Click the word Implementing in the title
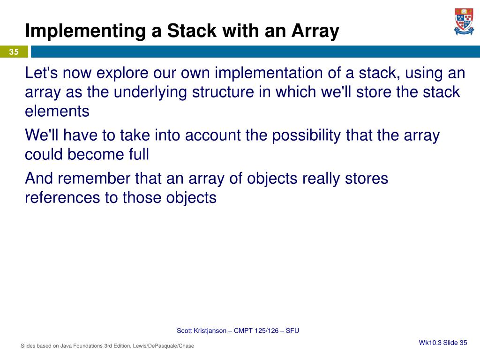coord(85,31)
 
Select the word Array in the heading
coord(315,32)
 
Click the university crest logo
coord(464,22)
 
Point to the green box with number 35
coord(14,52)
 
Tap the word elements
coord(57,111)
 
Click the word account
coord(213,135)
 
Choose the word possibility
coord(307,135)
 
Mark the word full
coord(139,154)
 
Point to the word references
coord(62,198)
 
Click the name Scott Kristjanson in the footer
coord(202,331)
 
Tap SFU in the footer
coord(292,330)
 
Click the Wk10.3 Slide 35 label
coord(443,343)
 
